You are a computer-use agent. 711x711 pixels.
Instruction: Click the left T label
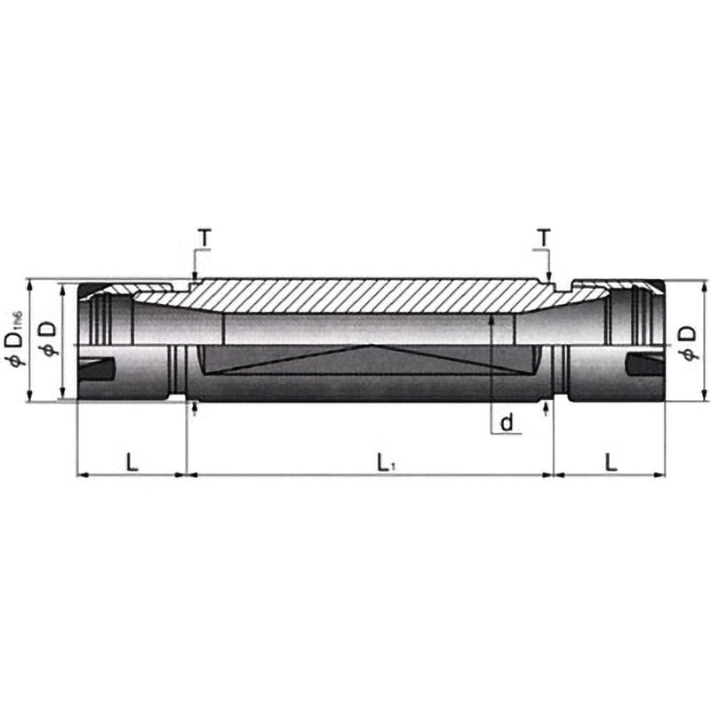pyautogui.click(x=204, y=238)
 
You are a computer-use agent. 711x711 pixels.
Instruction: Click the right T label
pyautogui.click(x=542, y=237)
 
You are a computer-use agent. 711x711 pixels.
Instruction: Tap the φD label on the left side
pyautogui.click(x=49, y=338)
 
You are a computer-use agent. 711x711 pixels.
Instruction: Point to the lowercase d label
pyautogui.click(x=507, y=423)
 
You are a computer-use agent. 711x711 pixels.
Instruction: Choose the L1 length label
pyautogui.click(x=384, y=462)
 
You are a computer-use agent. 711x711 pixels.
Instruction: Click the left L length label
pyautogui.click(x=132, y=461)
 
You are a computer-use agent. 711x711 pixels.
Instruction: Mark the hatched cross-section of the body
pyautogui.click(x=373, y=295)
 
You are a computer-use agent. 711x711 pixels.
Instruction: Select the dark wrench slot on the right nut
pyautogui.click(x=643, y=364)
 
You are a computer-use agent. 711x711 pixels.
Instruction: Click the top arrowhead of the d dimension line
pyautogui.click(x=491, y=317)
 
